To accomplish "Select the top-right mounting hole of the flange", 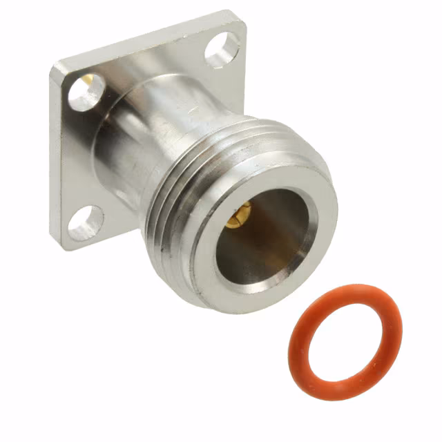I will pyautogui.click(x=222, y=50).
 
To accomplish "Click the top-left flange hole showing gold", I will pyautogui.click(x=87, y=93).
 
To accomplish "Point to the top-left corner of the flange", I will pyautogui.click(x=55, y=66).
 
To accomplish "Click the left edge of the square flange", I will pyautogui.click(x=54, y=159).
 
